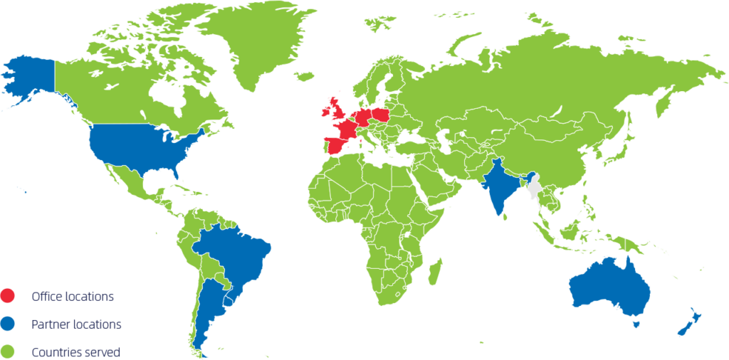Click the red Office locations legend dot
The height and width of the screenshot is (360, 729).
pos(9,295)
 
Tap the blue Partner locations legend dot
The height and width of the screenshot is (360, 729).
pos(9,324)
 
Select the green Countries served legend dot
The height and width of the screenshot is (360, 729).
pos(9,351)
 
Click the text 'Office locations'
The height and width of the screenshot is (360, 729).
pos(73,296)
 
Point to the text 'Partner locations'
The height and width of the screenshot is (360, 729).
pos(76,324)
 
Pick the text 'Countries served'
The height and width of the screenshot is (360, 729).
pos(75,351)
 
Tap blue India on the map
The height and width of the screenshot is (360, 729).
pos(502,189)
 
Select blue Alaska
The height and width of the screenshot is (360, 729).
pos(28,78)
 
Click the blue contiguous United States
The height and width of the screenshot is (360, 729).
pos(142,149)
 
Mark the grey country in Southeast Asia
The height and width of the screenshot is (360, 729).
pos(535,190)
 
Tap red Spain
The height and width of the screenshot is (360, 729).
pos(334,147)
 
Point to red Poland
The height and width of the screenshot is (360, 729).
pos(381,116)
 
